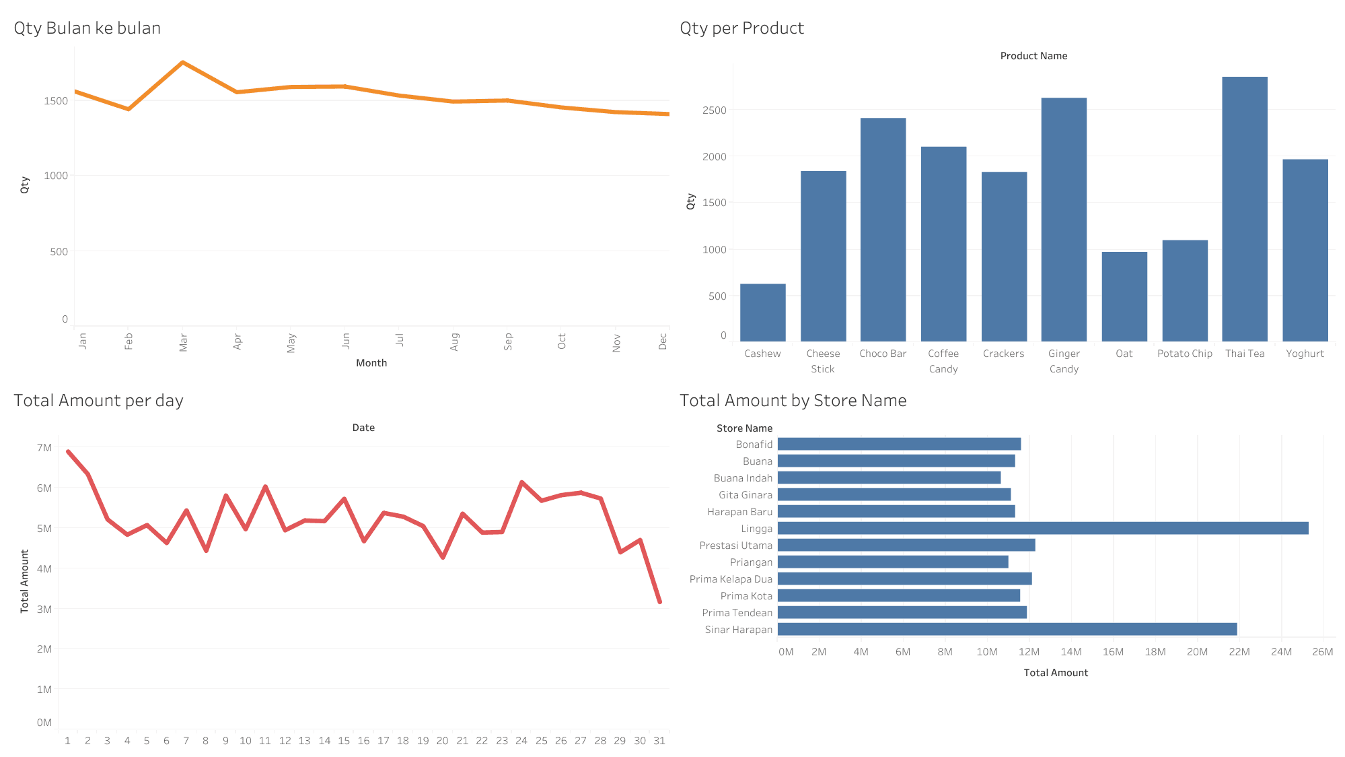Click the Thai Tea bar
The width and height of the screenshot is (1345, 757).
coord(1244,209)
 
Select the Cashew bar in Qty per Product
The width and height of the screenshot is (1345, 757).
coord(762,312)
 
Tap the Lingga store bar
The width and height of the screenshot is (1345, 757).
coord(1042,528)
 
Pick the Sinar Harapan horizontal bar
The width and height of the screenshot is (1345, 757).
coord(1007,629)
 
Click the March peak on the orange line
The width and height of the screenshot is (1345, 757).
coord(183,63)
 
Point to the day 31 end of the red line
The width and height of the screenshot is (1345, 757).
coord(659,601)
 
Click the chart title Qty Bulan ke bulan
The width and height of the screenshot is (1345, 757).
coord(87,28)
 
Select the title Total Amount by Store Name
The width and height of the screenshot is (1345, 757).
coord(793,401)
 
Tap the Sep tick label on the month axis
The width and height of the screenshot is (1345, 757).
coord(508,341)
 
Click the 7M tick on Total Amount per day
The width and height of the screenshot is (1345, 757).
coord(44,448)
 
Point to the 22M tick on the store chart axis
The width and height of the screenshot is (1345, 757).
coord(1239,652)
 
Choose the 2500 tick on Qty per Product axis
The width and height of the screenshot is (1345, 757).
coord(714,110)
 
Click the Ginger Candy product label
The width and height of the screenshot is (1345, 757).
coord(1064,361)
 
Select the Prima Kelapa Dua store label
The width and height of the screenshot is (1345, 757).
coord(731,579)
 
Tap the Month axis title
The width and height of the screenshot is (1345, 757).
coord(371,363)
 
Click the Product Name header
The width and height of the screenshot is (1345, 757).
coord(1033,56)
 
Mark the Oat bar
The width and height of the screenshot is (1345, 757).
coord(1124,296)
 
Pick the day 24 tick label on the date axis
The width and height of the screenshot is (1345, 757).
coord(521,741)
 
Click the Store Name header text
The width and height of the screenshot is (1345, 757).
coord(744,428)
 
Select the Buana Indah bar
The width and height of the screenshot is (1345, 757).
coord(889,478)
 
